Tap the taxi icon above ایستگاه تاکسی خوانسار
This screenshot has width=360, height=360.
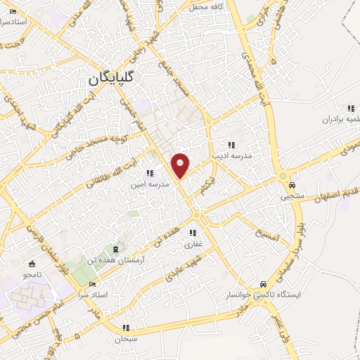263,284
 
